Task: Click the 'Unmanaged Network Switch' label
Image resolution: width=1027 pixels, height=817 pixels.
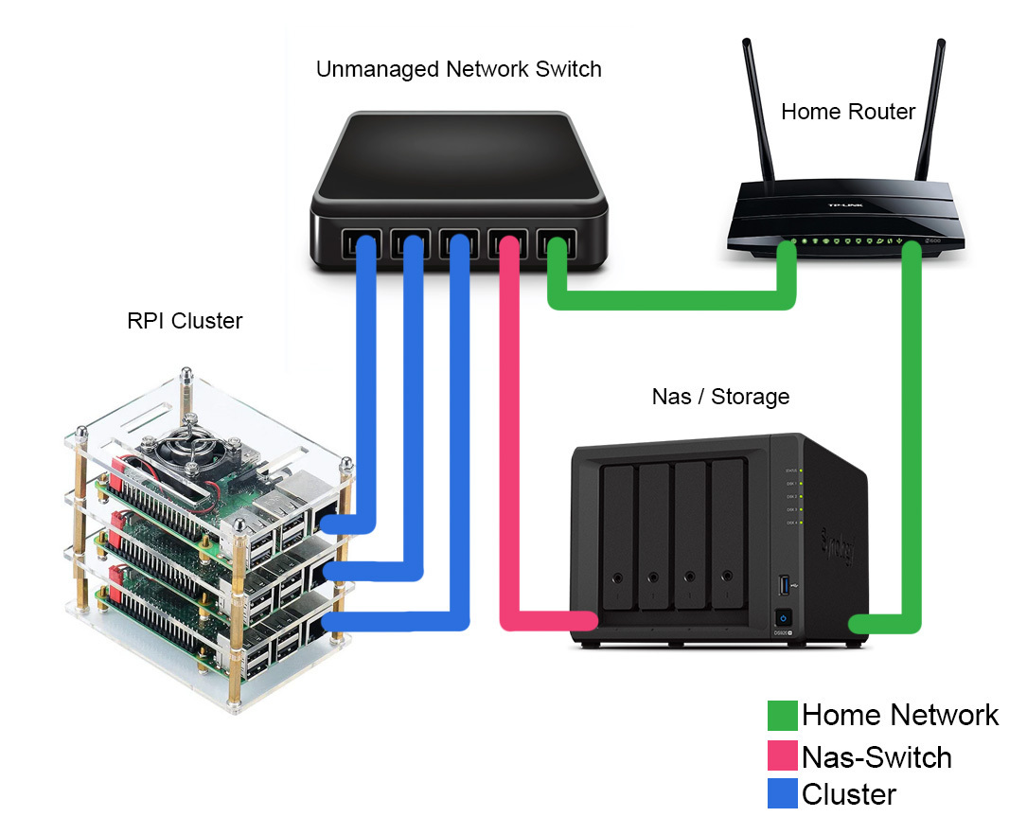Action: pyautogui.click(x=458, y=69)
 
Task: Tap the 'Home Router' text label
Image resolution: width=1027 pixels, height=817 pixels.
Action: pyautogui.click(x=847, y=112)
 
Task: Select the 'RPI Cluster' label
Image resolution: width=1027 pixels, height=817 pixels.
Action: pyautogui.click(x=185, y=321)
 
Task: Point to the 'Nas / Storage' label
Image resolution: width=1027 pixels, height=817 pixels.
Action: pyautogui.click(x=720, y=396)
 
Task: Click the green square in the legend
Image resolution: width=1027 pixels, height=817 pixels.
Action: pyautogui.click(x=782, y=716)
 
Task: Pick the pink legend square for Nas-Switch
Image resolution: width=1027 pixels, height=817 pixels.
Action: pyautogui.click(x=782, y=756)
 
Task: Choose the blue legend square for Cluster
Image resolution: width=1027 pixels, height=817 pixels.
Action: pyautogui.click(x=782, y=793)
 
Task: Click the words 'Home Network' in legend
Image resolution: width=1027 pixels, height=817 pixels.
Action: pyautogui.click(x=899, y=715)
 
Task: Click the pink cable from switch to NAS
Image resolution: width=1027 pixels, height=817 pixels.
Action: pyautogui.click(x=509, y=426)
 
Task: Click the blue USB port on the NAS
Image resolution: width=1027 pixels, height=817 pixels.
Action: pyautogui.click(x=783, y=584)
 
